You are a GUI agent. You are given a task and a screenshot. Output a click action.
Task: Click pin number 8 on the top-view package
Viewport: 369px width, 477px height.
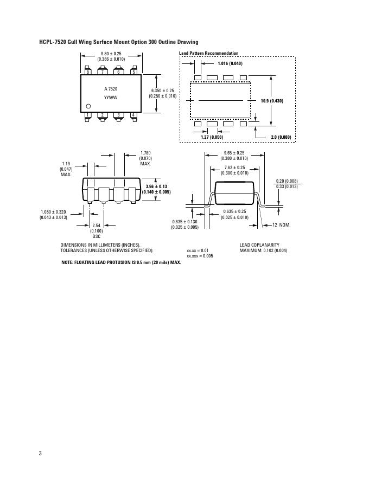coord(88,72)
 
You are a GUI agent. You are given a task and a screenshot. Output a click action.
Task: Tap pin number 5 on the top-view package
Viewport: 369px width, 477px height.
coord(133,72)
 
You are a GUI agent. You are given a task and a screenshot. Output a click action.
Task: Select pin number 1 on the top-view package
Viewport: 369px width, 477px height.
coord(88,115)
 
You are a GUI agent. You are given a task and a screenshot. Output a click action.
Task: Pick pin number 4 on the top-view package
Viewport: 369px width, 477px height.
coord(133,115)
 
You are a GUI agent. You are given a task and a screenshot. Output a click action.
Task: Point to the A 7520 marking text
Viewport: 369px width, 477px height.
coord(111,88)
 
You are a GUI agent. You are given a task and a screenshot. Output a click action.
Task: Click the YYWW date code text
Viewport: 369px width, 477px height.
coord(111,97)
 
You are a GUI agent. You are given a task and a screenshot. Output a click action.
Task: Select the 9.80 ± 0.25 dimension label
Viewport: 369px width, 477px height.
coord(111,53)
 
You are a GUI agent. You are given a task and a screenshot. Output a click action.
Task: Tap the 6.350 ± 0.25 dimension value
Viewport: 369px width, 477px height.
coord(163,91)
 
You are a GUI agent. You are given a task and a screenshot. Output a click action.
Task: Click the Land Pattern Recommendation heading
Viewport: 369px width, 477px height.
coord(208,53)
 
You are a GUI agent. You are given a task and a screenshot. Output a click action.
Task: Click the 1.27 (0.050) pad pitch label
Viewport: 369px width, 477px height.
coord(212,137)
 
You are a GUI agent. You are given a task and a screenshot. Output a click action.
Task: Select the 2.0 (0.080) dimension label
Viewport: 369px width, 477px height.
coord(281,137)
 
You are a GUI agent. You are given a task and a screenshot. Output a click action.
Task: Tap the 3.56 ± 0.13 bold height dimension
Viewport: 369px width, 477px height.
coord(156,186)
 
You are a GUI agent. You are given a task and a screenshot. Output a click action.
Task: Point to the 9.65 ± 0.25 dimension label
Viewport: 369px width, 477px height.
coord(234,153)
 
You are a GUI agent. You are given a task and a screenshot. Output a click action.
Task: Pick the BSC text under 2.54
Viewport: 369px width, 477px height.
coord(96,236)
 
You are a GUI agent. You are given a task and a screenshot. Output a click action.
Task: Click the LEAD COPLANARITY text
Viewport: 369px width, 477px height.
coord(259,245)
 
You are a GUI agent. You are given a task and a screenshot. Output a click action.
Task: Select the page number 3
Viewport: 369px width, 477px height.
coord(40,453)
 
